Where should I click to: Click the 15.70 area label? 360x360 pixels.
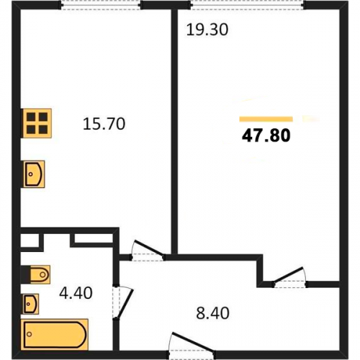[104, 124]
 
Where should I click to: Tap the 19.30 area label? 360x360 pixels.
[207, 30]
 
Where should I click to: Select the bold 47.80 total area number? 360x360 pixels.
[266, 135]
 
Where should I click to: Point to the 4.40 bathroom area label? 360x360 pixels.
[76, 293]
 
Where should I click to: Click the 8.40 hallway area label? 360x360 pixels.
[213, 313]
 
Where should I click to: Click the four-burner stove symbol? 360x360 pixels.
[37, 123]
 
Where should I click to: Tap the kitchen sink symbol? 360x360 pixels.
[34, 174]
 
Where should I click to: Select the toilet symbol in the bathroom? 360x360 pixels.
[38, 274]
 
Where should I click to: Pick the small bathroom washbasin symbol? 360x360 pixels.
[31, 304]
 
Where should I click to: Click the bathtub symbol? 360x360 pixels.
[55, 335]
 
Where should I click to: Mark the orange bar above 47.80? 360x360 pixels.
[266, 119]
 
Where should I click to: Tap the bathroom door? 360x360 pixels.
[122, 302]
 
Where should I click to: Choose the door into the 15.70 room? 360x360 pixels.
[147, 251]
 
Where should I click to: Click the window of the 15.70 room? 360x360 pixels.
[101, 5]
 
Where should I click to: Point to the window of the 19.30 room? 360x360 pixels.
[248, 5]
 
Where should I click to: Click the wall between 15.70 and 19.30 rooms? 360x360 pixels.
[174, 132]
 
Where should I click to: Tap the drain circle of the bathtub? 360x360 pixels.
[30, 334]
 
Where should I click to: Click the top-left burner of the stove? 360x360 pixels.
[31, 117]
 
